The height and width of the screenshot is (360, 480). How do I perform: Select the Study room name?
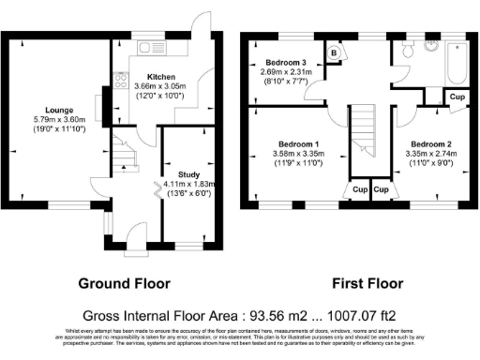(x=188, y=174)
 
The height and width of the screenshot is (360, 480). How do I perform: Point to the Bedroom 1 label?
(x=286, y=144)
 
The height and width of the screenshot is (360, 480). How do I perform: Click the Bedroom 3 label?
(x=279, y=62)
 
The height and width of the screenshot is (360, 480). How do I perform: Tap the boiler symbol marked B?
(x=334, y=53)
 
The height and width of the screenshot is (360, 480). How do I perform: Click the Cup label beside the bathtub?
(x=457, y=97)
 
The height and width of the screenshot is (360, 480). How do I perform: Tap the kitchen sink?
(x=148, y=47)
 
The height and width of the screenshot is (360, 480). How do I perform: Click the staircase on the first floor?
(x=361, y=131)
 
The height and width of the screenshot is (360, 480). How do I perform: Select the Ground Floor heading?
(x=124, y=282)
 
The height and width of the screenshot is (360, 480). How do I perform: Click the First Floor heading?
(x=367, y=282)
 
